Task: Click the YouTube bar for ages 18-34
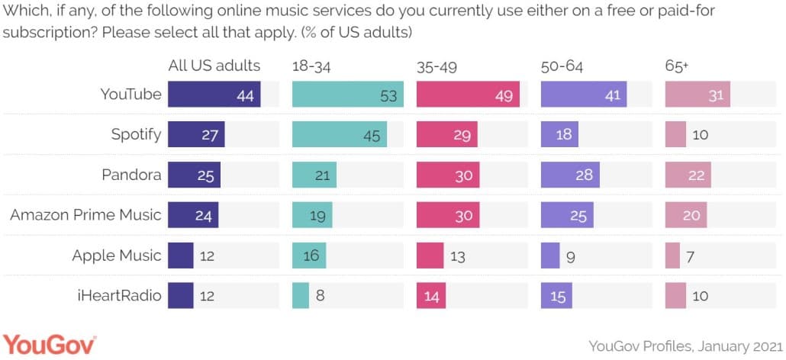coord(347,95)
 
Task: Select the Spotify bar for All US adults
coord(196,135)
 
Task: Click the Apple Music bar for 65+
coord(672,255)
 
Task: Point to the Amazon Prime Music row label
coord(85,215)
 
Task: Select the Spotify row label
coord(136,135)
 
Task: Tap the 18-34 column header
coord(311,66)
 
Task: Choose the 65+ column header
coord(677,66)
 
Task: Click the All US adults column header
coord(214,66)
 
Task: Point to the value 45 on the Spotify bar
coord(371,135)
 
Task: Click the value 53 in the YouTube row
coord(388,95)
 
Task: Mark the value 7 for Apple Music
coord(690,255)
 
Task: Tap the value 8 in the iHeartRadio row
coord(321,294)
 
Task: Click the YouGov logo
coord(50,344)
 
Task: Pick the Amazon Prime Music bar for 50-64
coord(565,215)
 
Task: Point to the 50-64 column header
coord(562,66)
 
